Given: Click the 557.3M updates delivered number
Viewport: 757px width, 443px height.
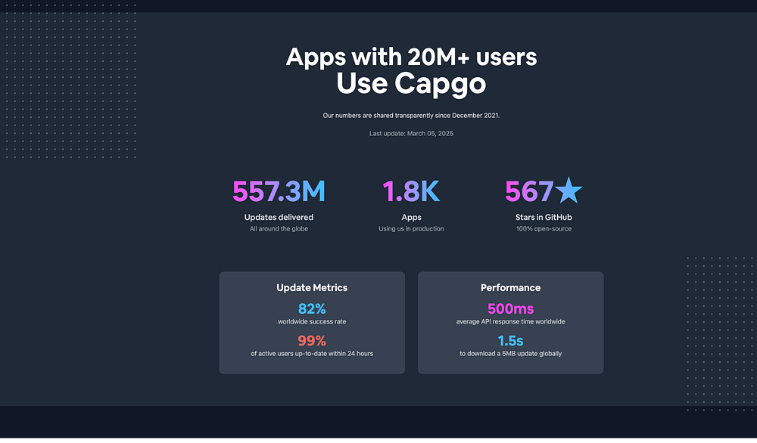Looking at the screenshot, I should click(279, 192).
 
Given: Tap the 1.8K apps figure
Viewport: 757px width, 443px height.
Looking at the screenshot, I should click(411, 192).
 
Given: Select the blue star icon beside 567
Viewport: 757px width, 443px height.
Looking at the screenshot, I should click(569, 191).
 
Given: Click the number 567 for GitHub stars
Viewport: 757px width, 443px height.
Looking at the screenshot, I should click(528, 192).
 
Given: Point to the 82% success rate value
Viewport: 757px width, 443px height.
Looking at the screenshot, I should click(312, 308).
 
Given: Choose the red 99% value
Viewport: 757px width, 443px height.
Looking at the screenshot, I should click(312, 340).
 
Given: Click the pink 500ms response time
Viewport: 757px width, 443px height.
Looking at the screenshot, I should click(510, 308).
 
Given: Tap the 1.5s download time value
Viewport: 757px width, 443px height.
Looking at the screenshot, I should click(510, 340).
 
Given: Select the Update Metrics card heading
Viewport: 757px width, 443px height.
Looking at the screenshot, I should click(312, 288).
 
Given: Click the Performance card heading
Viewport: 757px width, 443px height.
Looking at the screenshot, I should click(510, 288).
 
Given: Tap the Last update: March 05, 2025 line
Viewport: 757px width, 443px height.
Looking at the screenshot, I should click(411, 134).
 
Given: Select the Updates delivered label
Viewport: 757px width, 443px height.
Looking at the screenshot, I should click(279, 218).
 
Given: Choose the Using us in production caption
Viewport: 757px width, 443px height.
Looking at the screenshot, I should click(411, 229).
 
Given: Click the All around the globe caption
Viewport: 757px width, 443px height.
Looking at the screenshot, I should click(279, 229).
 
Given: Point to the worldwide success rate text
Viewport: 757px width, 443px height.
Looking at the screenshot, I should click(312, 322).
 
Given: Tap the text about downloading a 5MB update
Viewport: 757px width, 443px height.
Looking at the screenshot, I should click(510, 354).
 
